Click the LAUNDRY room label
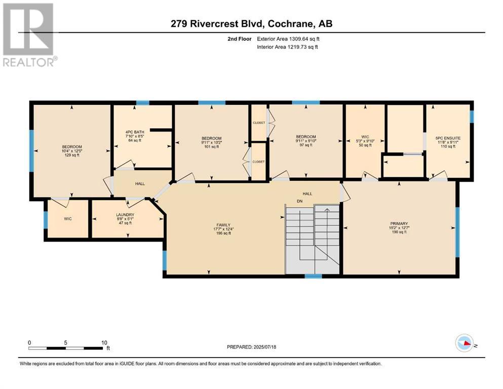point(125,215)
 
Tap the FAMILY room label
point(223,225)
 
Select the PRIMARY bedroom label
point(399,223)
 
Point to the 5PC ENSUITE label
point(448,138)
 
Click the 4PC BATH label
point(135,132)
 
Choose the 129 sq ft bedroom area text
point(72,155)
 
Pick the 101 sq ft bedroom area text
point(212,147)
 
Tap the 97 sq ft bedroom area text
point(306,145)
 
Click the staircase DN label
point(299,202)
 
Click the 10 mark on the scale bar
point(104,343)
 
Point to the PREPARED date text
point(251,347)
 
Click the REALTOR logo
point(29,35)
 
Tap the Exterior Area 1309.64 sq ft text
point(288,39)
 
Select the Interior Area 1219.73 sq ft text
point(287,47)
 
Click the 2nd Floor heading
point(239,39)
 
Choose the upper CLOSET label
point(259,123)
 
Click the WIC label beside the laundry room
point(68,219)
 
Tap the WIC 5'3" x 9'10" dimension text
point(365,141)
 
